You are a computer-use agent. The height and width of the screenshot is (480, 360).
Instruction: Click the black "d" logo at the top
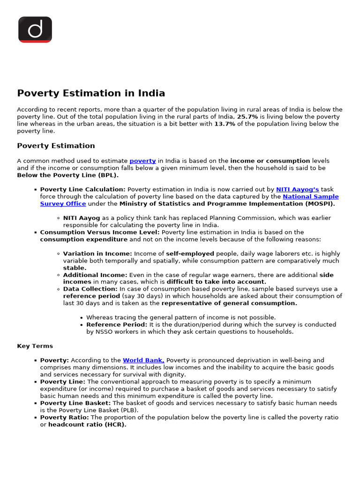[x=35, y=30]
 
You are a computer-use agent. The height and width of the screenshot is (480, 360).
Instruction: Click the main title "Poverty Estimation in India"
[x=91, y=93]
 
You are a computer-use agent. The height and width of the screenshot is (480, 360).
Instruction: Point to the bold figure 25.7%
[x=247, y=117]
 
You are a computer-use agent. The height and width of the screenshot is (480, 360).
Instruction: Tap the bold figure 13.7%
[x=225, y=124]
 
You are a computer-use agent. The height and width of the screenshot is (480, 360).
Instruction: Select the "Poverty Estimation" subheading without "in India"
[x=56, y=146]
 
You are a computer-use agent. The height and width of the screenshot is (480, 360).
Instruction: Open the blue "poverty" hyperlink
[x=142, y=161]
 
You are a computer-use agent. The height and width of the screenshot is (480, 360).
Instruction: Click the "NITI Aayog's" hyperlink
[x=297, y=189]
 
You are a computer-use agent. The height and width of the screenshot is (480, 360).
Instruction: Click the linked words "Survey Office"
[x=63, y=204]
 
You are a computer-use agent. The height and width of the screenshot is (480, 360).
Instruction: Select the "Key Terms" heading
[x=35, y=346]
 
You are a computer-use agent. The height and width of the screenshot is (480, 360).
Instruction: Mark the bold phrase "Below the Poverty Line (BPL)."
[x=68, y=175]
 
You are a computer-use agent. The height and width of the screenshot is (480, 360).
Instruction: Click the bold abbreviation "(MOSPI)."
[x=321, y=204]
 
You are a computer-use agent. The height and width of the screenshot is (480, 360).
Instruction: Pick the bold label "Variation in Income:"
[x=97, y=254]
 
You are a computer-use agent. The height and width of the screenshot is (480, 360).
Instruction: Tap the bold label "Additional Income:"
[x=95, y=275]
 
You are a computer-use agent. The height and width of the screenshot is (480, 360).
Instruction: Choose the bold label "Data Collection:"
[x=90, y=289]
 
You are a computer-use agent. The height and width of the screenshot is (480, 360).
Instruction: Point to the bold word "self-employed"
[x=190, y=254]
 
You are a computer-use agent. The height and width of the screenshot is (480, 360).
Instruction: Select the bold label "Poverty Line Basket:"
[x=75, y=403]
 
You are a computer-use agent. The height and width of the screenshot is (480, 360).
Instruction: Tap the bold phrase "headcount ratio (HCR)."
[x=87, y=425]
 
